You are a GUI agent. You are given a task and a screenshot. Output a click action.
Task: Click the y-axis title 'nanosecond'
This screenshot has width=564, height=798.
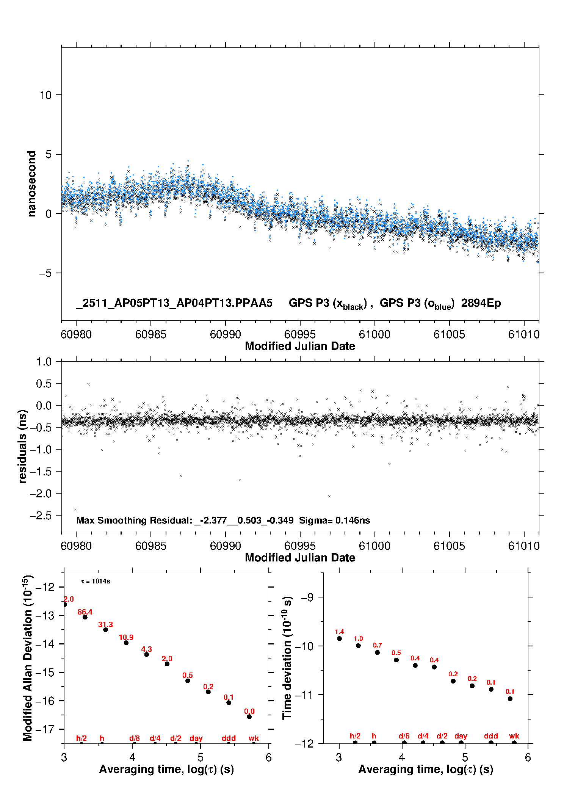pyautogui.click(x=32, y=184)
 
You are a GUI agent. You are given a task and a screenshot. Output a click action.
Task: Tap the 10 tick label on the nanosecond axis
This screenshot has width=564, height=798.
pyautogui.click(x=46, y=95)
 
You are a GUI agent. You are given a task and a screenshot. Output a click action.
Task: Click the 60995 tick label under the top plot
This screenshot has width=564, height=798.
pyautogui.click(x=300, y=334)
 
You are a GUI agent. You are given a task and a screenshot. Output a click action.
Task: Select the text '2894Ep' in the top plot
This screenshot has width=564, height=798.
pyautogui.click(x=481, y=303)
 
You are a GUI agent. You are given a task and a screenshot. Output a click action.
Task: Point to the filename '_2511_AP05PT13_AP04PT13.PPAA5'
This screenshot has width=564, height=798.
pyautogui.click(x=174, y=303)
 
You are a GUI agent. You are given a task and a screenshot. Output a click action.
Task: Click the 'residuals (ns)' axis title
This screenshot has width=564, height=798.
pyautogui.click(x=23, y=446)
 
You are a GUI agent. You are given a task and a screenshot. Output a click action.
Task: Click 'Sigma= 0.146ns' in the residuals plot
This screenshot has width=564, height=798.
pyautogui.click(x=334, y=521)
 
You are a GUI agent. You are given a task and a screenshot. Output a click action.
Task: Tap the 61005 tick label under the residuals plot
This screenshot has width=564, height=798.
pyautogui.click(x=449, y=546)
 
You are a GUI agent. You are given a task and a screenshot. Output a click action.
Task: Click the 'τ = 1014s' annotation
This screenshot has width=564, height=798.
pyautogui.click(x=96, y=582)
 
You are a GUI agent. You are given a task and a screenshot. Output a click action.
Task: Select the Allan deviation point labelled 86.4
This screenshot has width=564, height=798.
pyautogui.click(x=85, y=617)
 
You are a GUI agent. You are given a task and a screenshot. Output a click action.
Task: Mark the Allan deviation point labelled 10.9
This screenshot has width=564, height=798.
pyautogui.click(x=126, y=643)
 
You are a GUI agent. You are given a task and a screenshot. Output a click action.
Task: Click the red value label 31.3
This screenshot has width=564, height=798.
pyautogui.click(x=105, y=624)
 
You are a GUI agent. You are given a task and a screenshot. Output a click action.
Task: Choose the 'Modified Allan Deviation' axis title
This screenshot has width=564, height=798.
pyautogui.click(x=28, y=658)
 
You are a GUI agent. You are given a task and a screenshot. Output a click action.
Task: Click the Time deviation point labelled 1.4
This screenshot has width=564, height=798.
pyautogui.click(x=339, y=638)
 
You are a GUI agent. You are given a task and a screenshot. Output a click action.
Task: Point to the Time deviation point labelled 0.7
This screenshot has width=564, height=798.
pyautogui.click(x=378, y=652)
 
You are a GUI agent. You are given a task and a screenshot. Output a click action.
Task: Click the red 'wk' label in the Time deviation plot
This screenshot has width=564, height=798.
pyautogui.click(x=514, y=736)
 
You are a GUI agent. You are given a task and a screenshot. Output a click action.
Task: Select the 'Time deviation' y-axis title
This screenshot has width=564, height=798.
pyautogui.click(x=287, y=658)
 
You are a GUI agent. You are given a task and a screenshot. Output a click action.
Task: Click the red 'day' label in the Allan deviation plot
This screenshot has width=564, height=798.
pyautogui.click(x=196, y=738)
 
